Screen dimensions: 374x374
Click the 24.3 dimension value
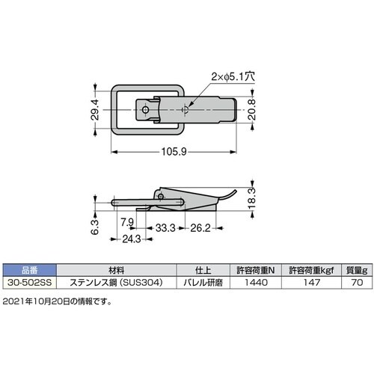tap(132, 239)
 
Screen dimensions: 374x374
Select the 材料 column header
tap(116, 270)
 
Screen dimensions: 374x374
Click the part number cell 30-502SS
tap(30, 283)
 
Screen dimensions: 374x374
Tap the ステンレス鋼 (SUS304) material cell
tap(116, 283)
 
